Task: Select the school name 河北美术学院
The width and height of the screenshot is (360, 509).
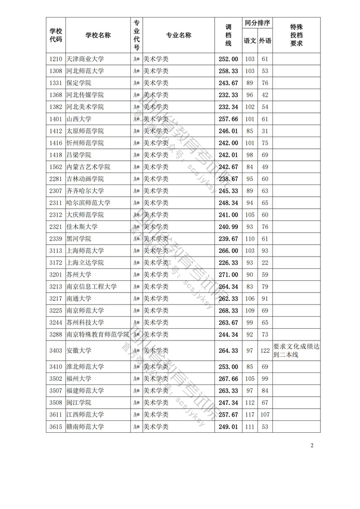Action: click(x=85, y=107)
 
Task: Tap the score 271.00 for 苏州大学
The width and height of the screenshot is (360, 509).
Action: click(x=228, y=275)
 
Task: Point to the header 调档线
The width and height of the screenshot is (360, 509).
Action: click(x=228, y=36)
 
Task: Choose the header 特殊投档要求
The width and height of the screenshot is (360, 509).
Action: click(x=296, y=36)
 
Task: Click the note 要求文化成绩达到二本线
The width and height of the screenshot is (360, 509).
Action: click(x=296, y=351)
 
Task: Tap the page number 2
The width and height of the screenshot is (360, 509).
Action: click(x=312, y=445)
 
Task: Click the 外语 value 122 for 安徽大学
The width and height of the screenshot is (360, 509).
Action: click(x=265, y=351)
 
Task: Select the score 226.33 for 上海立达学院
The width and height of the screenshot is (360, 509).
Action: click(x=228, y=263)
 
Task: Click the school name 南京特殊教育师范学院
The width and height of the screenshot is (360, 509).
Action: click(x=97, y=334)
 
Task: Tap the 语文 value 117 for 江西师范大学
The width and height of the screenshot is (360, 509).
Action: click(x=250, y=414)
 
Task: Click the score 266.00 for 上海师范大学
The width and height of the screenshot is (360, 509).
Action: click(x=228, y=251)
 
